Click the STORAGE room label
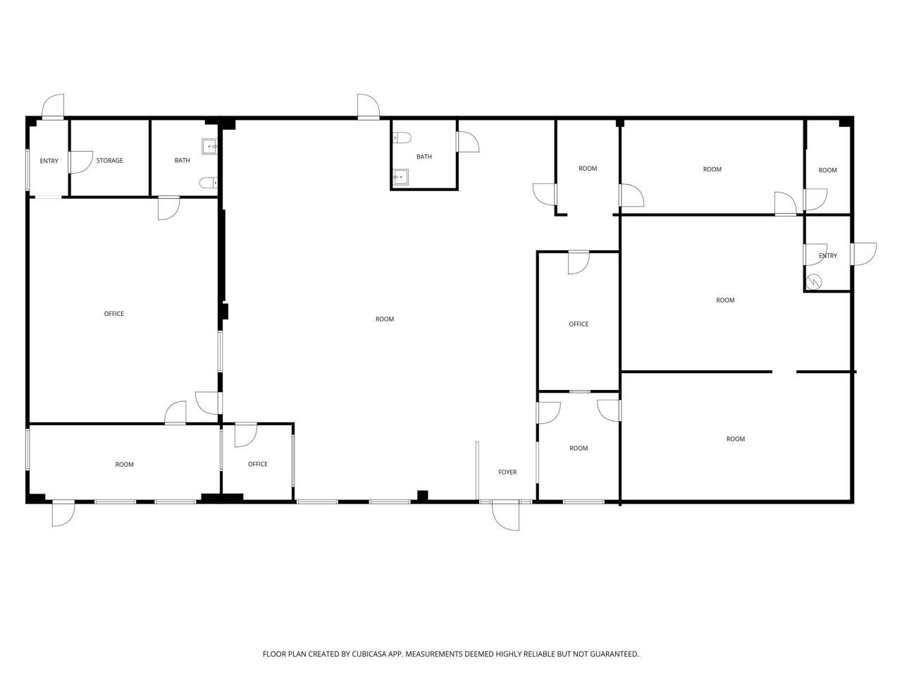click(110, 161)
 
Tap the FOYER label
click(507, 472)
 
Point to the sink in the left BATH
click(209, 147)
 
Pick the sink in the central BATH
click(401, 177)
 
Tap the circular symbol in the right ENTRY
click(814, 281)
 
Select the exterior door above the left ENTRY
click(53, 107)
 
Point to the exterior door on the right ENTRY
click(864, 254)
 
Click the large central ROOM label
click(385, 319)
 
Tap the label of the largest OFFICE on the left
click(114, 314)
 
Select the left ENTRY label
click(49, 161)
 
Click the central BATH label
click(424, 157)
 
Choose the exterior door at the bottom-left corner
click(63, 513)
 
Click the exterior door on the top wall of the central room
click(368, 106)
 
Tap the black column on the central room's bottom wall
click(423, 496)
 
